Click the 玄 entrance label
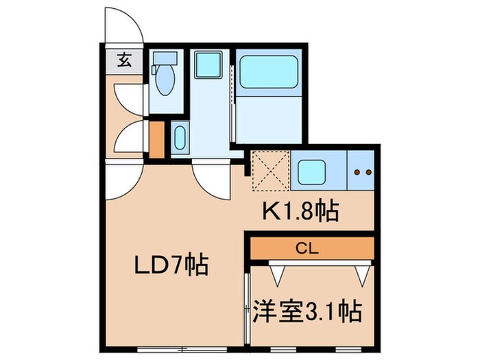pos(124,60)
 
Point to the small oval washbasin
pos(180,139)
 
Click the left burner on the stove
pos(357,172)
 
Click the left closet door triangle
pos(278,275)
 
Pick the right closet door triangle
pos(362,275)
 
